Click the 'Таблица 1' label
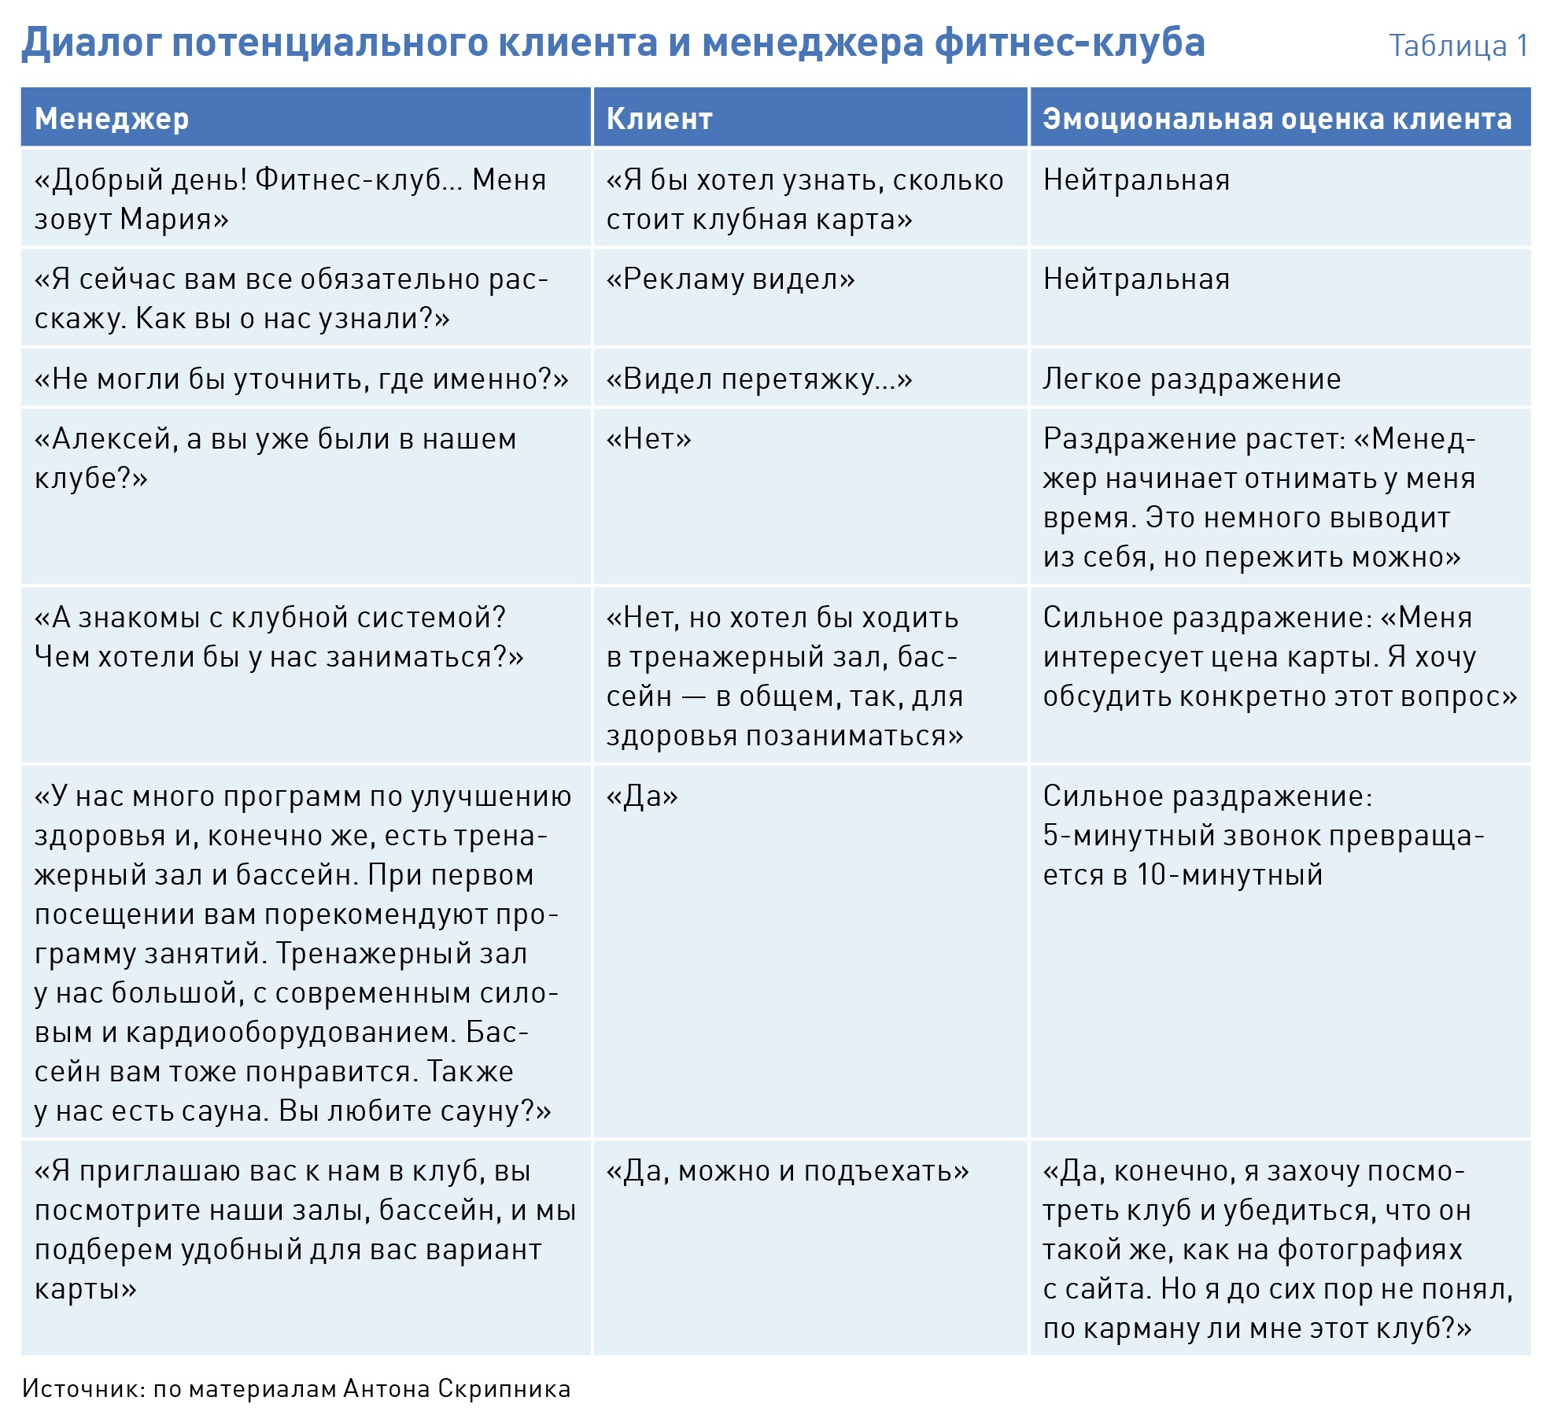pos(1458,46)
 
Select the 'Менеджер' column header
pos(112,119)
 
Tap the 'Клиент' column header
pos(659,119)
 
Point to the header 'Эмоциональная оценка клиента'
pos(1277,119)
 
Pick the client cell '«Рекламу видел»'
pos(730,279)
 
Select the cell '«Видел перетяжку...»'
pos(758,379)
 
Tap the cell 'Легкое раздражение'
pos(1191,379)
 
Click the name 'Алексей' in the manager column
pos(109,439)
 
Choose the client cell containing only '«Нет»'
pos(648,439)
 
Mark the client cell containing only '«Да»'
pos(642,796)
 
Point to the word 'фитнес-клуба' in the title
pos(1069,42)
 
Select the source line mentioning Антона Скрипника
pos(296,1389)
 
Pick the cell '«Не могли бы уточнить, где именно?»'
pos(301,379)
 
